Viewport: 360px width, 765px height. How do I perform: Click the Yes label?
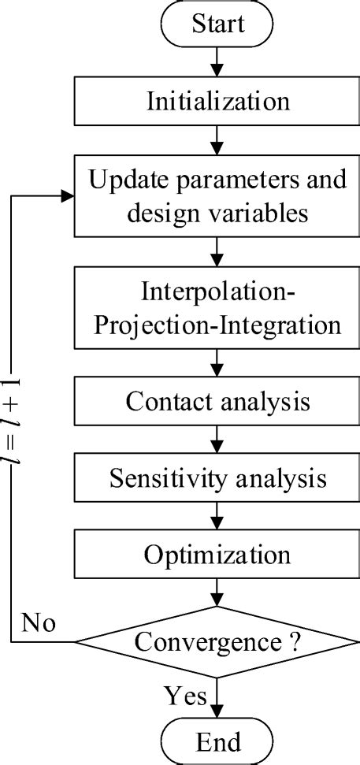186,696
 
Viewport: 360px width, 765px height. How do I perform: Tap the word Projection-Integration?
217,325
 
